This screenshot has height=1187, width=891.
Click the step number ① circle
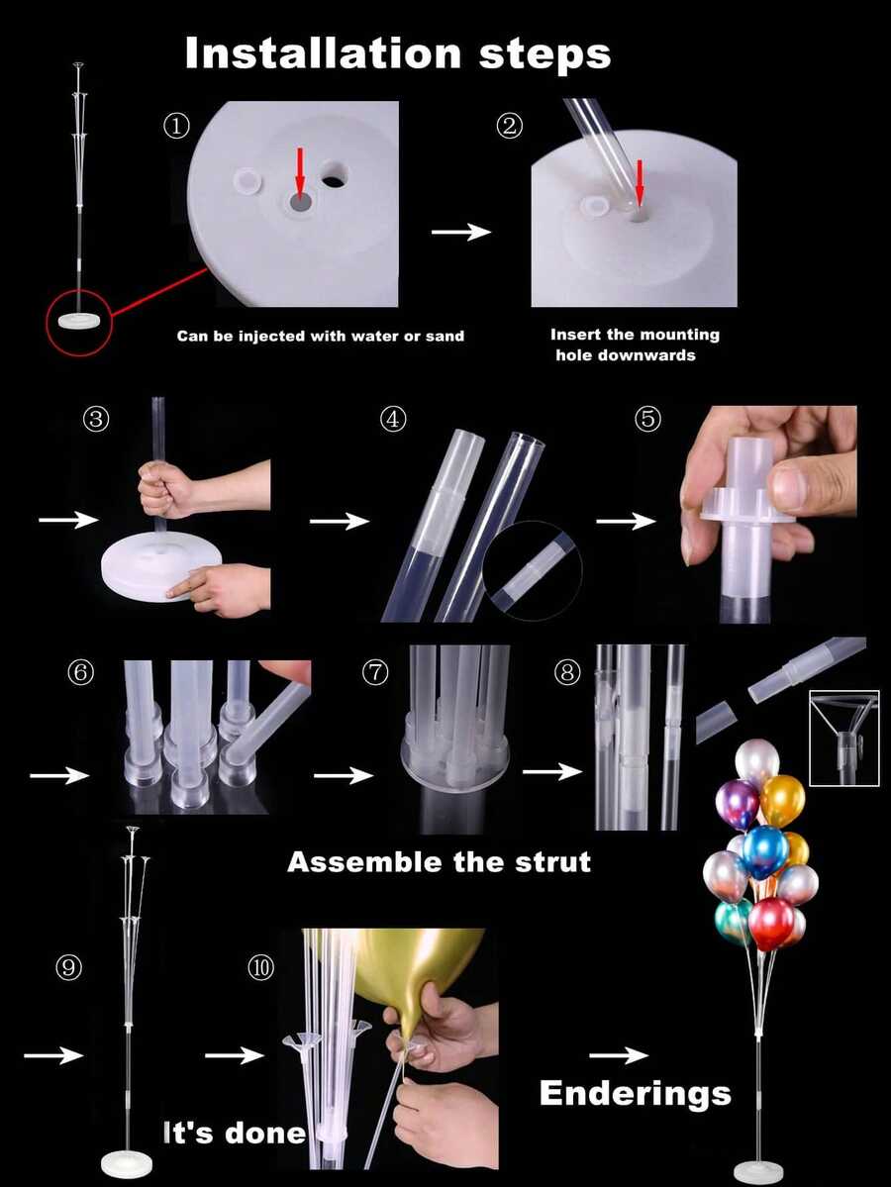pyautogui.click(x=175, y=126)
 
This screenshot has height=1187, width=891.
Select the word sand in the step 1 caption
pyautogui.click(x=442, y=337)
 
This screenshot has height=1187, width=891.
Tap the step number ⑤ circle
pyautogui.click(x=648, y=419)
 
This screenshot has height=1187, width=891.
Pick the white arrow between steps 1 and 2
pyautogui.click(x=461, y=232)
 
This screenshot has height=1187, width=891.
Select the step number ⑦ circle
pyautogui.click(x=375, y=673)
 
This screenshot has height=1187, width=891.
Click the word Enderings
pyautogui.click(x=635, y=1093)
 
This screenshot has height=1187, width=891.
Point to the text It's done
pyautogui.click(x=235, y=1132)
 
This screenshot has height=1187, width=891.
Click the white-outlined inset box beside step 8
pyautogui.click(x=843, y=738)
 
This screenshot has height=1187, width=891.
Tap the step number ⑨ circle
pyautogui.click(x=68, y=967)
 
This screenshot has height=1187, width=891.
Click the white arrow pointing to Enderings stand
pyautogui.click(x=619, y=1056)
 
